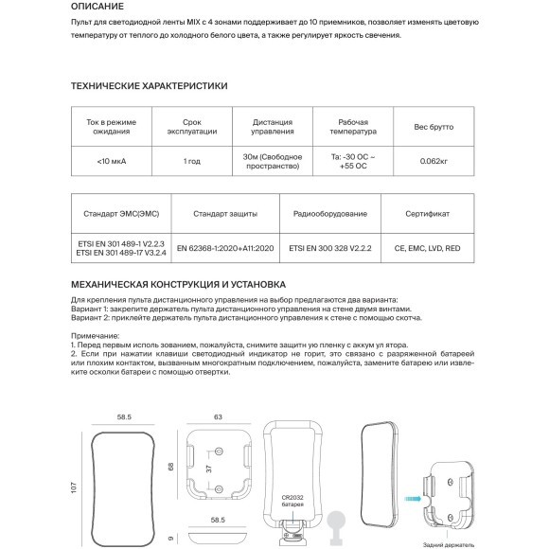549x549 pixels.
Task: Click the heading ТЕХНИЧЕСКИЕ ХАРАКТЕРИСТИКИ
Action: click(x=149, y=85)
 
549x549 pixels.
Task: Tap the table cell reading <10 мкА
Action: click(x=112, y=162)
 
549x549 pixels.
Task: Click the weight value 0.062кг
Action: click(x=434, y=162)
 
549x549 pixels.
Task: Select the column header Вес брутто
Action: click(x=434, y=127)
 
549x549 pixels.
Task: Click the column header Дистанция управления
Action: click(x=273, y=127)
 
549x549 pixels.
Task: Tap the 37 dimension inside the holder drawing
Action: click(x=209, y=470)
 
